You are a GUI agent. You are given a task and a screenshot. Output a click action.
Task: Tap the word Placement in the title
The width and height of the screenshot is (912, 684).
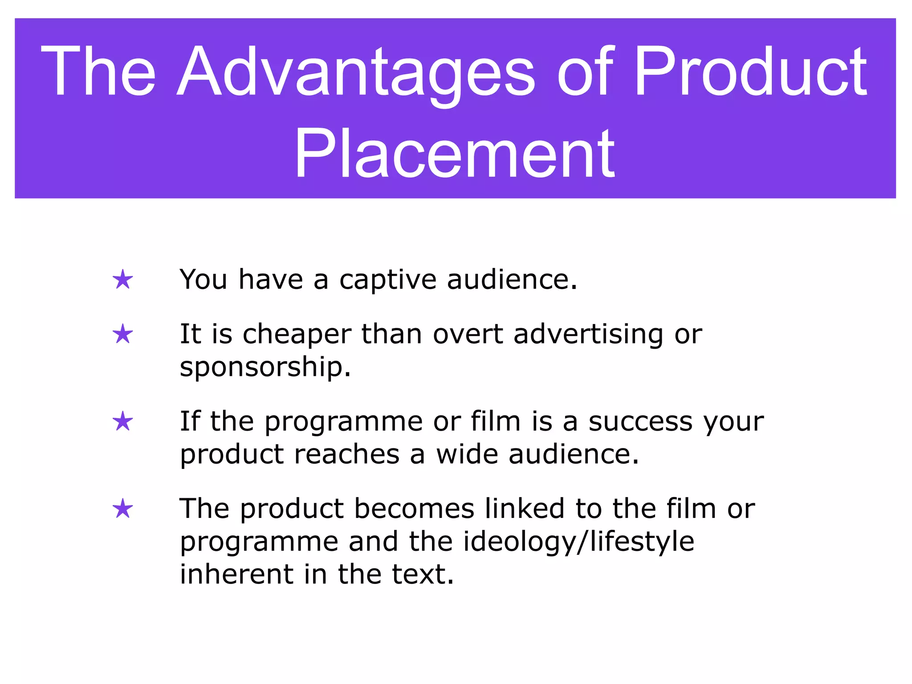pyautogui.click(x=454, y=154)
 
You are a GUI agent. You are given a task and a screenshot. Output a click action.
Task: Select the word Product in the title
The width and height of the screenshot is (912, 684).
pyautogui.click(x=750, y=71)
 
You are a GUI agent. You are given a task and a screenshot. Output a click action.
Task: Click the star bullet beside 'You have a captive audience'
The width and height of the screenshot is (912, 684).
pyautogui.click(x=123, y=280)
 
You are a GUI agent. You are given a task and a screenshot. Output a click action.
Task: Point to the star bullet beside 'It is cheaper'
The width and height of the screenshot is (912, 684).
pyautogui.click(x=123, y=334)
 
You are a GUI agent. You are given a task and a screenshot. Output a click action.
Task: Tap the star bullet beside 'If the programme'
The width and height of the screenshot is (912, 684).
pyautogui.click(x=123, y=422)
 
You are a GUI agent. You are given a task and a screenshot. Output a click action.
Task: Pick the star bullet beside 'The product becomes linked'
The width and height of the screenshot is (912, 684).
pyautogui.click(x=123, y=509)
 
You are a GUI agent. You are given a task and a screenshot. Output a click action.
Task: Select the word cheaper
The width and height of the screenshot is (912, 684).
pyautogui.click(x=297, y=335)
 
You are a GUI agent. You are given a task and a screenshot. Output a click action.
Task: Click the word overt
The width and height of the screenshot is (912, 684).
pyautogui.click(x=468, y=335)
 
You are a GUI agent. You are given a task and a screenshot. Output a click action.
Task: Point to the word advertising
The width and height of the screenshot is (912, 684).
pyautogui.click(x=588, y=335)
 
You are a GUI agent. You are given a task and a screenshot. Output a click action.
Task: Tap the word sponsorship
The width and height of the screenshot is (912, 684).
pyautogui.click(x=265, y=368)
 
